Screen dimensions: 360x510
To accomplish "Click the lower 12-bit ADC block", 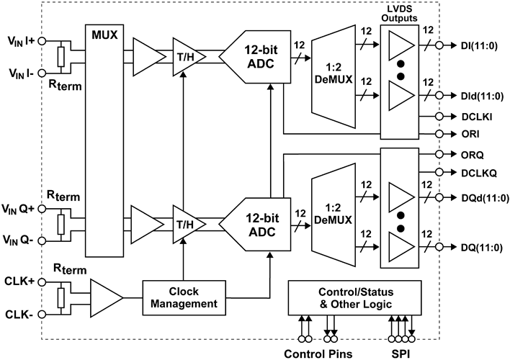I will point(256,215).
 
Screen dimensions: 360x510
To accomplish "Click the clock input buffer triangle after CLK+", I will point(104,296).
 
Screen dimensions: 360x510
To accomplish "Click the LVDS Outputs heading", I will point(399,12).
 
